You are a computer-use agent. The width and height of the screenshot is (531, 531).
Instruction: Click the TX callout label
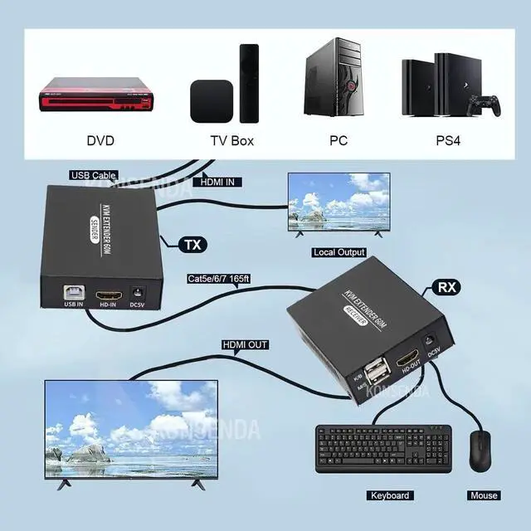[192, 244]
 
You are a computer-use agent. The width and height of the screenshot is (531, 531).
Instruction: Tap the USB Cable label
[92, 175]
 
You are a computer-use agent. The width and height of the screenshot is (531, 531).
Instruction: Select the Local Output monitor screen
[338, 204]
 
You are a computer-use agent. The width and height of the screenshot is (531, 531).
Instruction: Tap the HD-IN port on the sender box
[106, 295]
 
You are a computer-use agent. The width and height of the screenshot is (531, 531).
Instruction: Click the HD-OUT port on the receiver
[407, 359]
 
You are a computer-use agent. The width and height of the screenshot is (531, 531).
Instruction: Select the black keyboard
[384, 447]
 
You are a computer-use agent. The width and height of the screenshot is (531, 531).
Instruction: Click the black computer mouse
[480, 451]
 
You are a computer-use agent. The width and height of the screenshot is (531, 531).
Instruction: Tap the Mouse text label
[483, 495]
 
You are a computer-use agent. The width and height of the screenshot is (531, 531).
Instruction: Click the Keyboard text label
[390, 495]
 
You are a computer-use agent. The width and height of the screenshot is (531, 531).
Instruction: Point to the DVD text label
[100, 141]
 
